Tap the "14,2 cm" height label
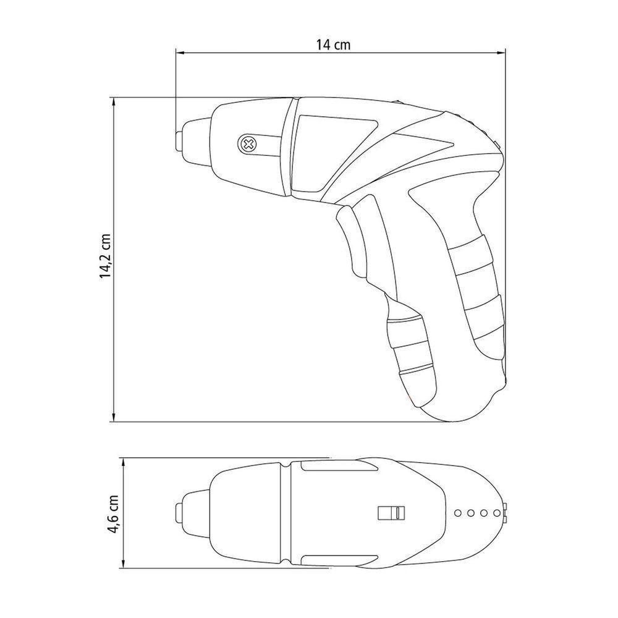(106, 256)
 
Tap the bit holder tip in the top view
(178, 514)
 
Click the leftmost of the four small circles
(457, 513)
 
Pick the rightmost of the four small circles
(494, 513)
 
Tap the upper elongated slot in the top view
(328, 470)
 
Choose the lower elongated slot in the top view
(328, 557)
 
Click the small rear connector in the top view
(506, 513)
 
